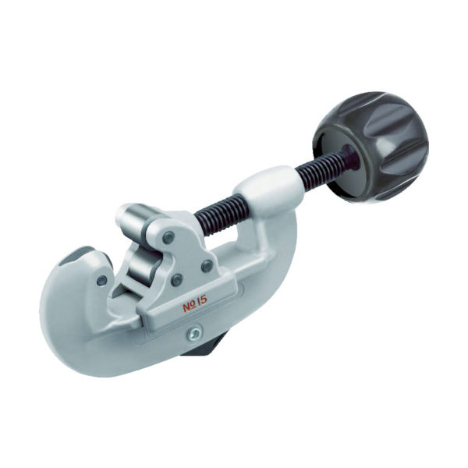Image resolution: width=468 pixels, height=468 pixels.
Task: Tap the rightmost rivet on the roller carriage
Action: click(207, 266)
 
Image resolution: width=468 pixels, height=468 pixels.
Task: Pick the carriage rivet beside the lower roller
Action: click(177, 278)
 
